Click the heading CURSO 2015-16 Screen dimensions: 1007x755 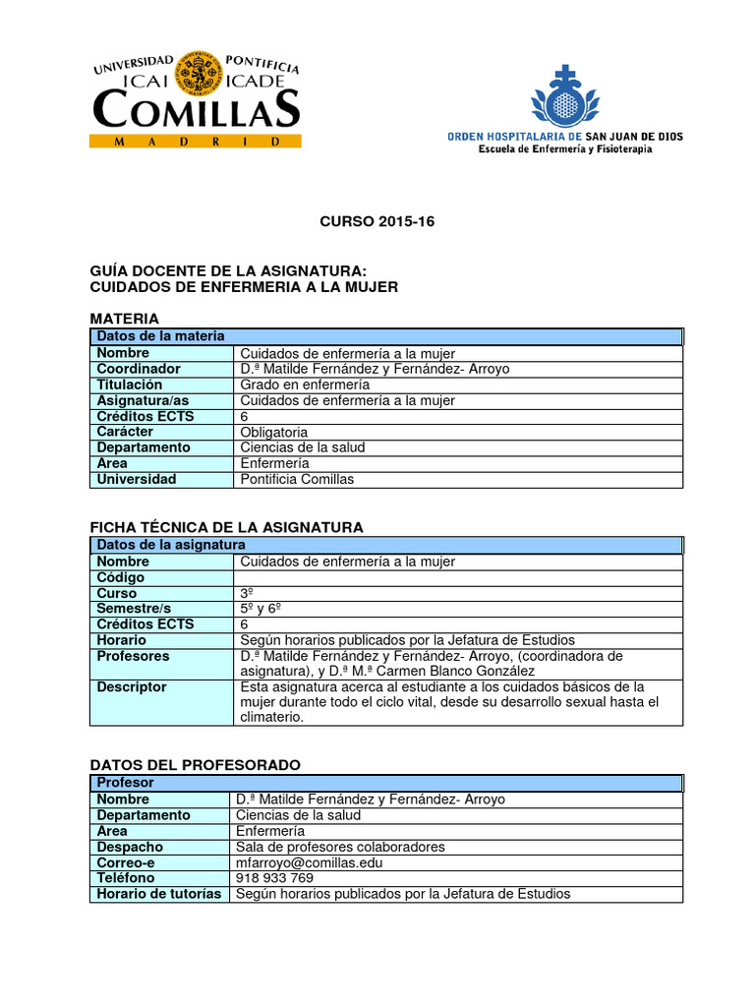pyautogui.click(x=377, y=222)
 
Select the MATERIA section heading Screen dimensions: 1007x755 pyautogui.click(x=124, y=319)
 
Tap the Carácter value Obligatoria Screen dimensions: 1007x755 pyautogui.click(x=274, y=432)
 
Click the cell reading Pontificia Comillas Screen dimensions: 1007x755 pyautogui.click(x=297, y=479)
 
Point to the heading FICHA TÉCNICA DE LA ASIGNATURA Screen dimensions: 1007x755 pyautogui.click(x=226, y=527)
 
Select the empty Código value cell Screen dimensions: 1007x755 pyautogui.click(x=458, y=577)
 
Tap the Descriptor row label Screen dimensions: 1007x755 pyautogui.click(x=132, y=686)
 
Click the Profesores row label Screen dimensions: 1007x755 pyautogui.click(x=133, y=656)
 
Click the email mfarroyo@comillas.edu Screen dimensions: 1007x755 pyautogui.click(x=309, y=862)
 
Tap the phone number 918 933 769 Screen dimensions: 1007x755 pyautogui.click(x=274, y=878)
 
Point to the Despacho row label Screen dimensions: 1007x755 pyautogui.click(x=130, y=847)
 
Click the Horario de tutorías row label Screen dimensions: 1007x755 pyautogui.click(x=159, y=894)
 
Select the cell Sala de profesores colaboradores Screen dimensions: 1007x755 pyautogui.click(x=340, y=847)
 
